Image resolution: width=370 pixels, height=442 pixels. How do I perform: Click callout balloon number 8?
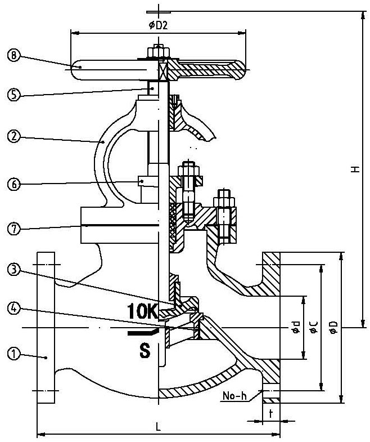tap(14, 55)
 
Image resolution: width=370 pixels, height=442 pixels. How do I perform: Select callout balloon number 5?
tap(14, 95)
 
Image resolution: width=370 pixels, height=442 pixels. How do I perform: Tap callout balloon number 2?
tap(14, 136)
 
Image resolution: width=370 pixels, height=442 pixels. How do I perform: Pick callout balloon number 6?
tap(14, 184)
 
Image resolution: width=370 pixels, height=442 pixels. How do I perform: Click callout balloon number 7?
tap(14, 228)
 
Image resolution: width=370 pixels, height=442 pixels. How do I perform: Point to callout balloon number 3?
tap(14, 270)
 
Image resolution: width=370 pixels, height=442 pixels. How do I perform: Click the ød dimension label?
tap(295, 327)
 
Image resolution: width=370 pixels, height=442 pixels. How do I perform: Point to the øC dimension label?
tap(313, 327)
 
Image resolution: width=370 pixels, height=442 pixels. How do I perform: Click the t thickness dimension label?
tap(271, 413)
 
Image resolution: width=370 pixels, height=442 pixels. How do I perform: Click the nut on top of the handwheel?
tap(158, 51)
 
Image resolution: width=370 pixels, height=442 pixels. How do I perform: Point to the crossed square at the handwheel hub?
tap(162, 70)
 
